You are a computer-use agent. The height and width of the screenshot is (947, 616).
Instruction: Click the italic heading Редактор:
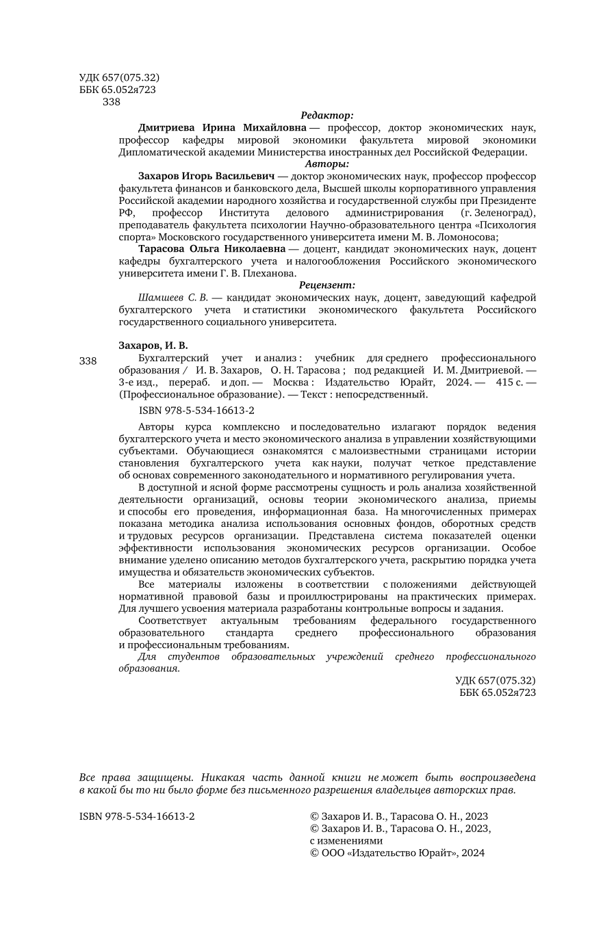tap(327, 116)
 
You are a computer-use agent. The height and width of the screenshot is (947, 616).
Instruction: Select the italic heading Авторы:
tap(327, 164)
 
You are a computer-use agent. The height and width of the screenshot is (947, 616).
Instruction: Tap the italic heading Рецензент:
tap(327, 285)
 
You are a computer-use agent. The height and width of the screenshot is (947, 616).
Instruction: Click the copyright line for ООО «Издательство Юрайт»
tap(397, 853)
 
